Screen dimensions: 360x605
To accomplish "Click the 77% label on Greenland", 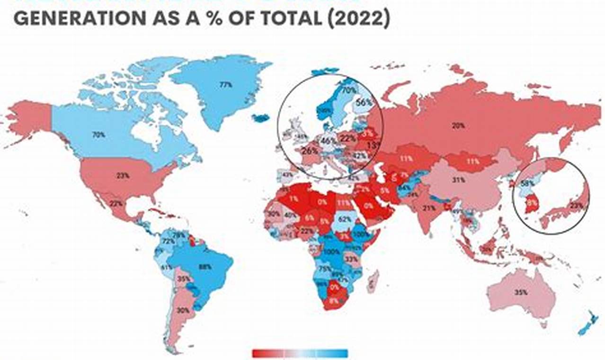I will (225, 85).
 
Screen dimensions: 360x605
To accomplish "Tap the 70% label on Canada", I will (98, 135).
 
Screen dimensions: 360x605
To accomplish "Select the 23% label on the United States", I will (122, 175).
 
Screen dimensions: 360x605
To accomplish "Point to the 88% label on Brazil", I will (205, 267).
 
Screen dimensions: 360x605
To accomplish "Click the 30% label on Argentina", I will (184, 311).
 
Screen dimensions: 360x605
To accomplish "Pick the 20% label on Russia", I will (458, 126).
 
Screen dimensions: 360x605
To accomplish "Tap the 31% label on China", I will (458, 180).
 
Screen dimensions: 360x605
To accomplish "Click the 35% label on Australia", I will (521, 293).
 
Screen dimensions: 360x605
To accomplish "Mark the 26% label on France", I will (310, 151).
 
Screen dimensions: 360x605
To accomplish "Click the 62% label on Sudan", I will (345, 219).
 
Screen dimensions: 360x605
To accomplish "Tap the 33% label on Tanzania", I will (351, 260).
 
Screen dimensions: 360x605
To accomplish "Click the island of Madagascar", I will (373, 281).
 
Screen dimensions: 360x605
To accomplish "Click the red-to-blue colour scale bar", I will (300, 353).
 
